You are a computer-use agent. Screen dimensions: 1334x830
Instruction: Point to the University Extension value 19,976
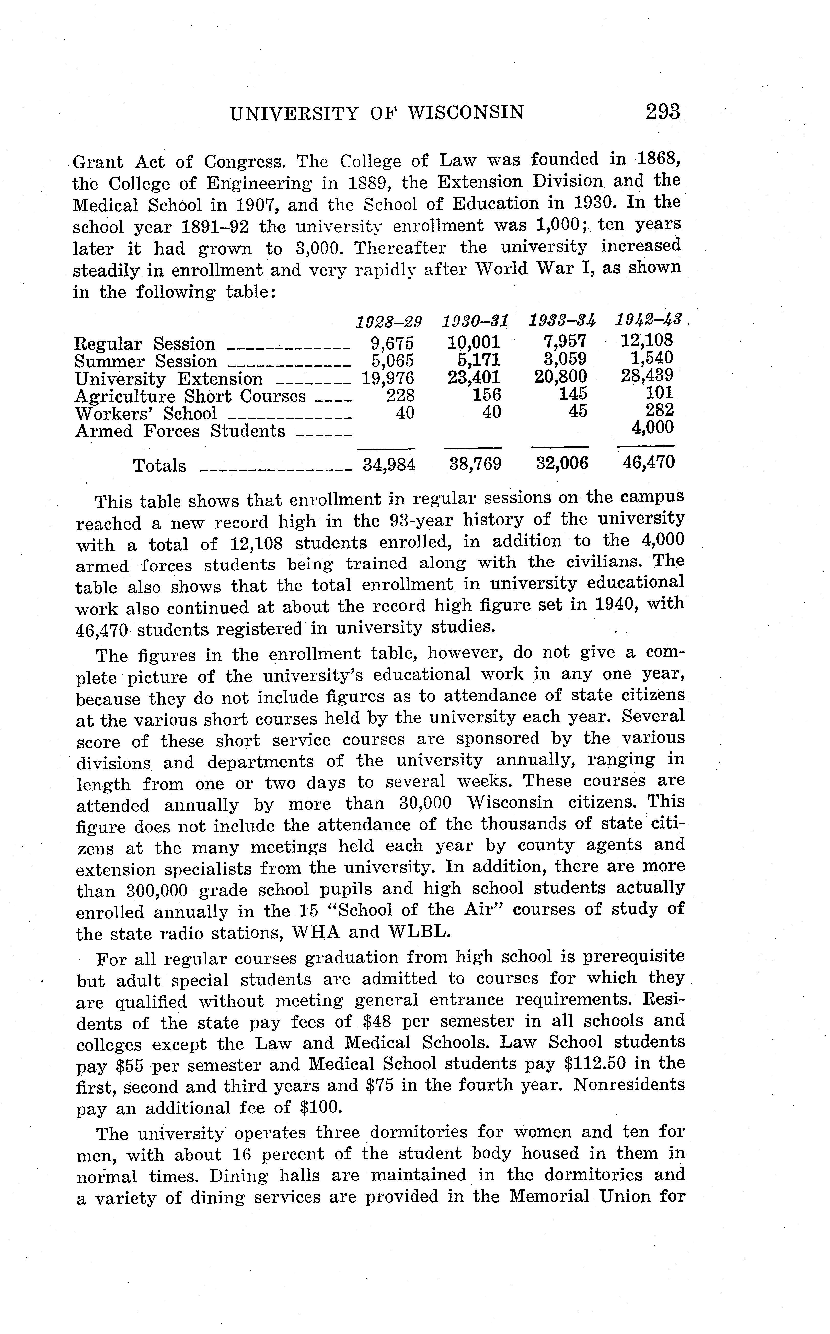click(388, 378)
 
